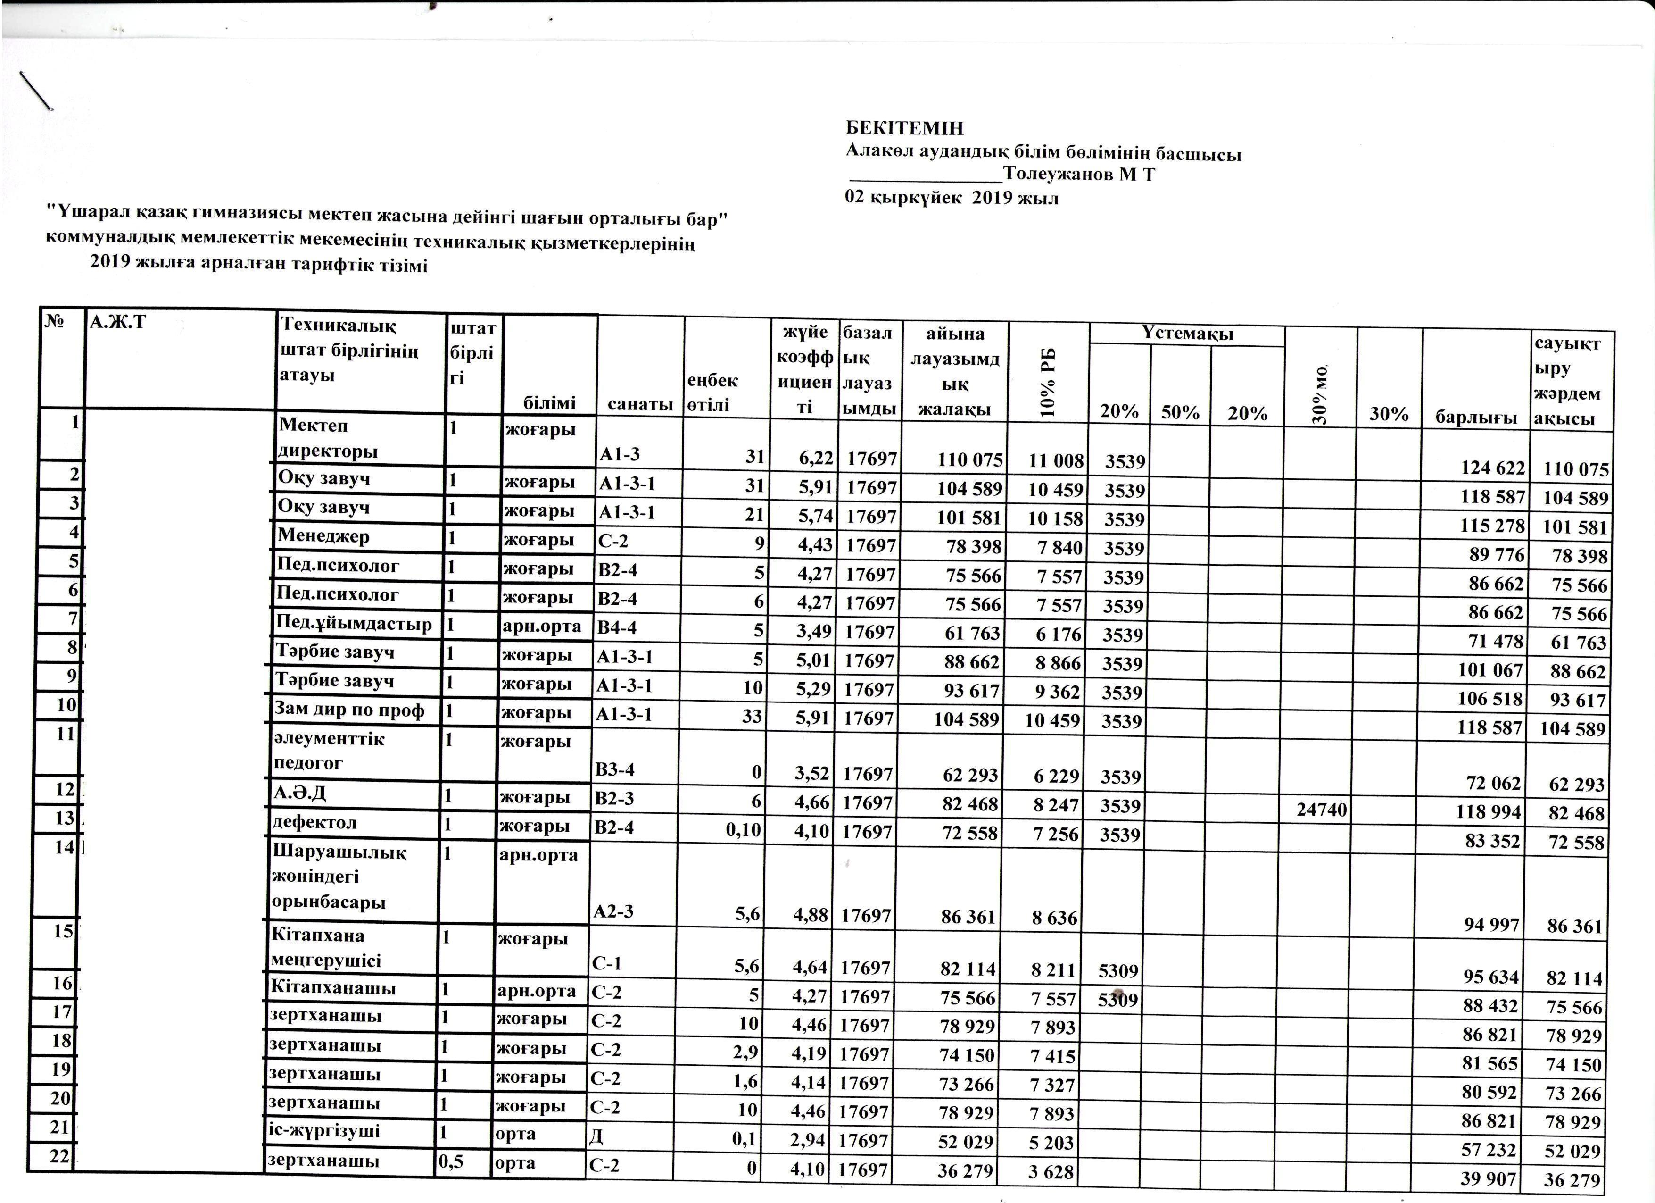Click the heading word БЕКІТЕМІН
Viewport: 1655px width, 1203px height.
[905, 128]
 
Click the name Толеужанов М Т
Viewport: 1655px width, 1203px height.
[1078, 175]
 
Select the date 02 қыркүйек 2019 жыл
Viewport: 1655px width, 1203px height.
[952, 198]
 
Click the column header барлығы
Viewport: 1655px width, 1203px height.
[1475, 417]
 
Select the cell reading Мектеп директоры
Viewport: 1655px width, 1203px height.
[328, 438]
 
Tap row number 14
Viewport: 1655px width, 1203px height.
[64, 847]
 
